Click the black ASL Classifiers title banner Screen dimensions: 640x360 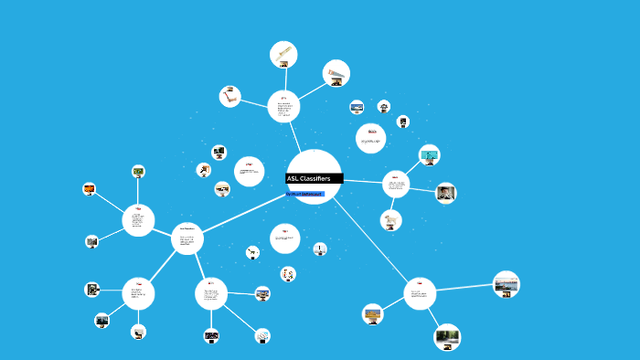coord(314,178)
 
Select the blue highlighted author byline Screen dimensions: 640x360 coord(304,194)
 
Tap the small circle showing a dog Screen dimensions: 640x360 coord(391,220)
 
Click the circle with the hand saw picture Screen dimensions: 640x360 coord(336,73)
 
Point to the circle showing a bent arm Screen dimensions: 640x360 coord(229,96)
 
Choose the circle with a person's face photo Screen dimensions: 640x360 coord(445,193)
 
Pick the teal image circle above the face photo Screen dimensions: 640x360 coord(429,154)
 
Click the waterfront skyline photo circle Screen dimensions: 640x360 coord(506,284)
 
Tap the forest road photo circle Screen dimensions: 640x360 coord(447,337)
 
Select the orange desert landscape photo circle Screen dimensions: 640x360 coord(372,314)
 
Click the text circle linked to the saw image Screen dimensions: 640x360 coord(283,107)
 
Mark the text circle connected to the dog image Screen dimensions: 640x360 coord(396,185)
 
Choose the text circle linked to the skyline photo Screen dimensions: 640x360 coord(420,293)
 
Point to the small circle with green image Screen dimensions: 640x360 coord(138,172)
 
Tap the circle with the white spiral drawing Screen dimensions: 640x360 coord(262,335)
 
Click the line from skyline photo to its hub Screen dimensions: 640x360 coord(464,289)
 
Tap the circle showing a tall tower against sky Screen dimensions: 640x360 coord(319,249)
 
